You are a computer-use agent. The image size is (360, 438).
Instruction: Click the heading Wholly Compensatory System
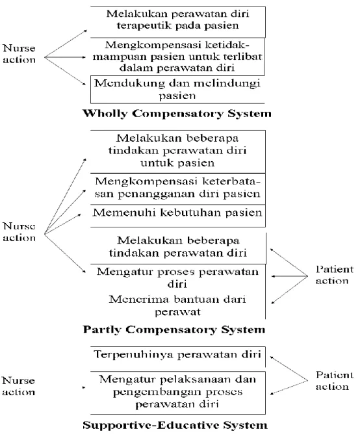click(177, 114)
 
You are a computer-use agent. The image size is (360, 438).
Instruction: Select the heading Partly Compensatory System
click(174, 329)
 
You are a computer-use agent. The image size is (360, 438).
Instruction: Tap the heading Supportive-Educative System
click(175, 425)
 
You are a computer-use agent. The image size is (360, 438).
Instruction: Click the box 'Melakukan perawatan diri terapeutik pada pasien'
click(177, 22)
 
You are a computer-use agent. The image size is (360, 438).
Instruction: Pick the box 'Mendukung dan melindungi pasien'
click(177, 90)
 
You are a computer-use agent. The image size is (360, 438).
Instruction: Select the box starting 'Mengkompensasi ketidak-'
click(177, 57)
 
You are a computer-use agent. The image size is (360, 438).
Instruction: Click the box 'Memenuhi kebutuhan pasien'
click(177, 216)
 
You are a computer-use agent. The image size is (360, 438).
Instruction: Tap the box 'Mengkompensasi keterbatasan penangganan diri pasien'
click(177, 189)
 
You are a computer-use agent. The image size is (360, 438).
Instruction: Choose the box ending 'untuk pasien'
click(177, 151)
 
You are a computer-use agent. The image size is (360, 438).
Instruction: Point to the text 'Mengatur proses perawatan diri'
click(177, 277)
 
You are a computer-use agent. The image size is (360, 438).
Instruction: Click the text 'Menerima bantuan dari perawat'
click(177, 305)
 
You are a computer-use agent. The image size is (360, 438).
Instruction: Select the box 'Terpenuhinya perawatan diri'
click(177, 357)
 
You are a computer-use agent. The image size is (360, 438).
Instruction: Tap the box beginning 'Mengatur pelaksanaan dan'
click(177, 393)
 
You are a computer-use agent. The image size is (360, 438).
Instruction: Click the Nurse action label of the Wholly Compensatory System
click(19, 54)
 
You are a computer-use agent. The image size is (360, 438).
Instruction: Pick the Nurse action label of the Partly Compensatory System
click(19, 232)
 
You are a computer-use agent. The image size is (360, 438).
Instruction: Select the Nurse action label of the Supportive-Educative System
click(18, 386)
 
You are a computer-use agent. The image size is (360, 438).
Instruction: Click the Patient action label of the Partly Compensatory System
click(335, 275)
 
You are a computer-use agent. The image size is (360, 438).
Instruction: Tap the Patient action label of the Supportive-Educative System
click(335, 381)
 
